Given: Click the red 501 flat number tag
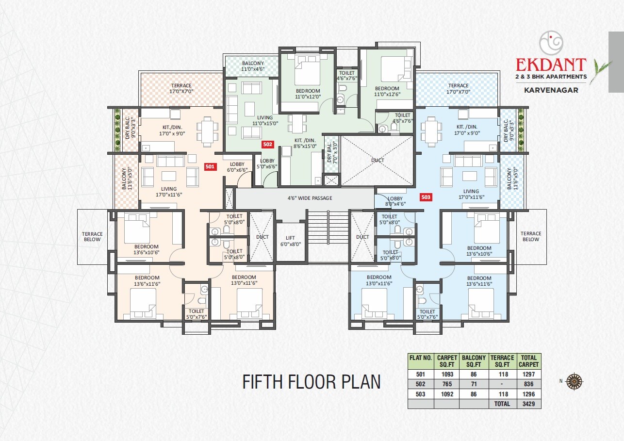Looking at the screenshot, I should click(x=210, y=166).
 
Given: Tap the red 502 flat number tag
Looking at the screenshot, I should click(x=267, y=144).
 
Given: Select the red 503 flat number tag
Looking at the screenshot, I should click(x=426, y=197).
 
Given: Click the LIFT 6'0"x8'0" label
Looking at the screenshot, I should click(x=290, y=241).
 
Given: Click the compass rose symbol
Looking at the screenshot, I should click(x=575, y=380).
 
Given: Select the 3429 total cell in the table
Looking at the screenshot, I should click(x=528, y=404).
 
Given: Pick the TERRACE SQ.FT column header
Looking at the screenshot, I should click(x=502, y=361).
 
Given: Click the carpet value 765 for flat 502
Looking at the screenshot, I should click(x=446, y=384).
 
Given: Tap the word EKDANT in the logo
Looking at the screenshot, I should click(x=551, y=65).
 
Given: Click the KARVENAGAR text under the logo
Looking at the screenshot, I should click(x=551, y=90).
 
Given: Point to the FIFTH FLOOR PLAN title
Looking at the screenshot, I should click(x=312, y=382).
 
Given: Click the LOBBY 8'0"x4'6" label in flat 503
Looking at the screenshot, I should click(x=395, y=201).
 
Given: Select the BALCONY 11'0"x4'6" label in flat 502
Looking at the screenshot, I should click(x=252, y=66).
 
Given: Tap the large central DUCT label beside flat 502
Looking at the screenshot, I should click(x=378, y=161).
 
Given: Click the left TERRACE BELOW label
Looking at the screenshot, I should click(x=92, y=236).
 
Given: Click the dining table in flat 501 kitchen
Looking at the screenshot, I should click(x=207, y=131).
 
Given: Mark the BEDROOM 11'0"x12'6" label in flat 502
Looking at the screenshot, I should click(x=387, y=91).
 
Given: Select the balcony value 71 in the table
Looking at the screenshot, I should click(x=474, y=384).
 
